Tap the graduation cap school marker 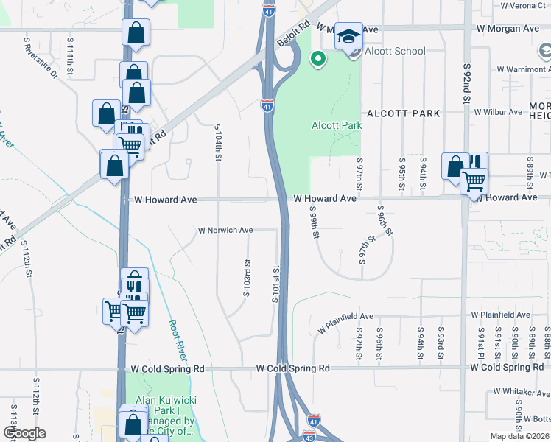coord(348,36)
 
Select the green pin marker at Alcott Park coord(318,59)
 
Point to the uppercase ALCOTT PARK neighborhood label coord(403,113)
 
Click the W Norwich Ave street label coord(225,230)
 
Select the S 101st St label coord(275,288)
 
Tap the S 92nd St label coord(467,83)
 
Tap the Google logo coord(24,433)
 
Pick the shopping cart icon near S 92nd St coord(474,180)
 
